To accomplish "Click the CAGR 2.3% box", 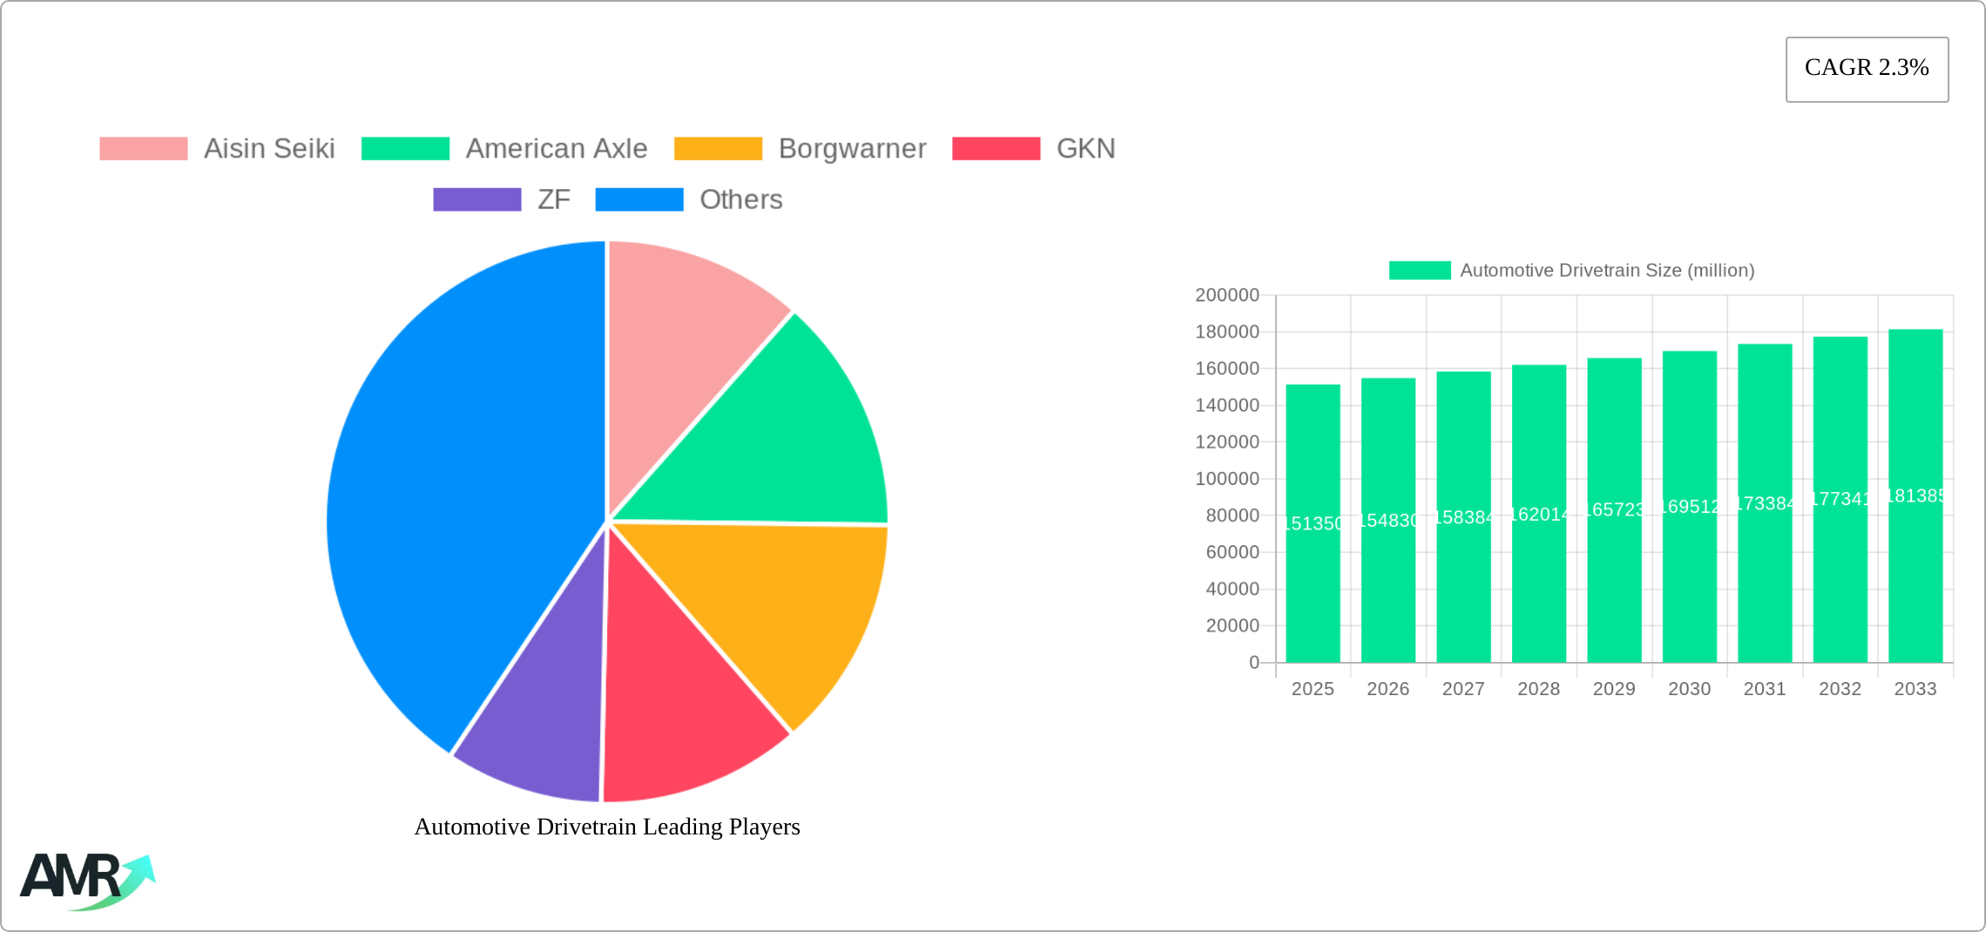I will pyautogui.click(x=1867, y=69).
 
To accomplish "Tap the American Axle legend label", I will pyautogui.click(x=556, y=149).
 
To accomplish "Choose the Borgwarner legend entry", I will pyautogui.click(x=851, y=149).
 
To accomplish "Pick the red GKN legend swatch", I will pyautogui.click(x=996, y=149).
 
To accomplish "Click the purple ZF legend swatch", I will pyautogui.click(x=476, y=199).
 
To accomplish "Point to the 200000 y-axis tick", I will pyautogui.click(x=1226, y=295).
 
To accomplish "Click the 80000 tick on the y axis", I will pyautogui.click(x=1232, y=516).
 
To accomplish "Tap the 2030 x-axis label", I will pyautogui.click(x=1689, y=689).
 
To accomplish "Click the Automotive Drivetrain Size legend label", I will pyautogui.click(x=1606, y=270).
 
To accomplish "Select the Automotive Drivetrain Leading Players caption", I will pyautogui.click(x=607, y=827).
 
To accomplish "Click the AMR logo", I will pyautogui.click(x=85, y=880).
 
